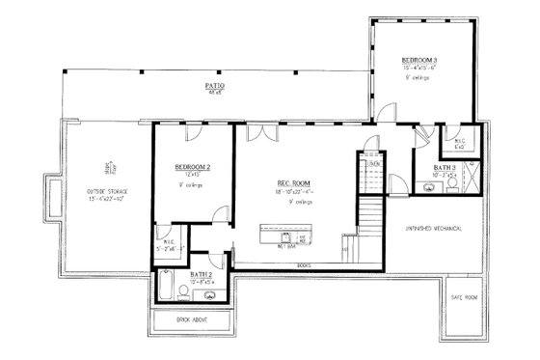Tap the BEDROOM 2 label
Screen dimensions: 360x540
point(192,167)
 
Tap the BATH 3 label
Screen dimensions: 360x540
point(445,169)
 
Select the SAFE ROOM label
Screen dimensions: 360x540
point(464,297)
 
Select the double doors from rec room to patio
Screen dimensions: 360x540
point(256,131)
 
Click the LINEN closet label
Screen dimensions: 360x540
point(374,164)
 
